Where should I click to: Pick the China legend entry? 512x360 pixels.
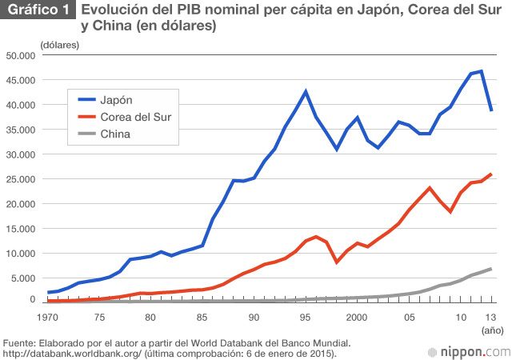coord(115,134)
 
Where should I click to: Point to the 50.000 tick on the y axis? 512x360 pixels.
coord(21,55)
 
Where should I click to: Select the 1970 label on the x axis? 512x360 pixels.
coord(49,317)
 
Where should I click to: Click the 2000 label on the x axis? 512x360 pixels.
coord(357,317)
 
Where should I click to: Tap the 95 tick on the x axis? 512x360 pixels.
coord(306,317)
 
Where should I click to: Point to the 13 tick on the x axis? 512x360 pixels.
coord(490,317)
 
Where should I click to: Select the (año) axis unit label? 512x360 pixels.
coord(490,329)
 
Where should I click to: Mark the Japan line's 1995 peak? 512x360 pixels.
coord(306,91)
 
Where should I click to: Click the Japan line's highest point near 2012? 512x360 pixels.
coord(482,71)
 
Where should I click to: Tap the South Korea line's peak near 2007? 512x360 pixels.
coord(430,188)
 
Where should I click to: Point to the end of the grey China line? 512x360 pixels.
coord(490,268)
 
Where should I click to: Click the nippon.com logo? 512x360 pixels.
coord(470,351)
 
